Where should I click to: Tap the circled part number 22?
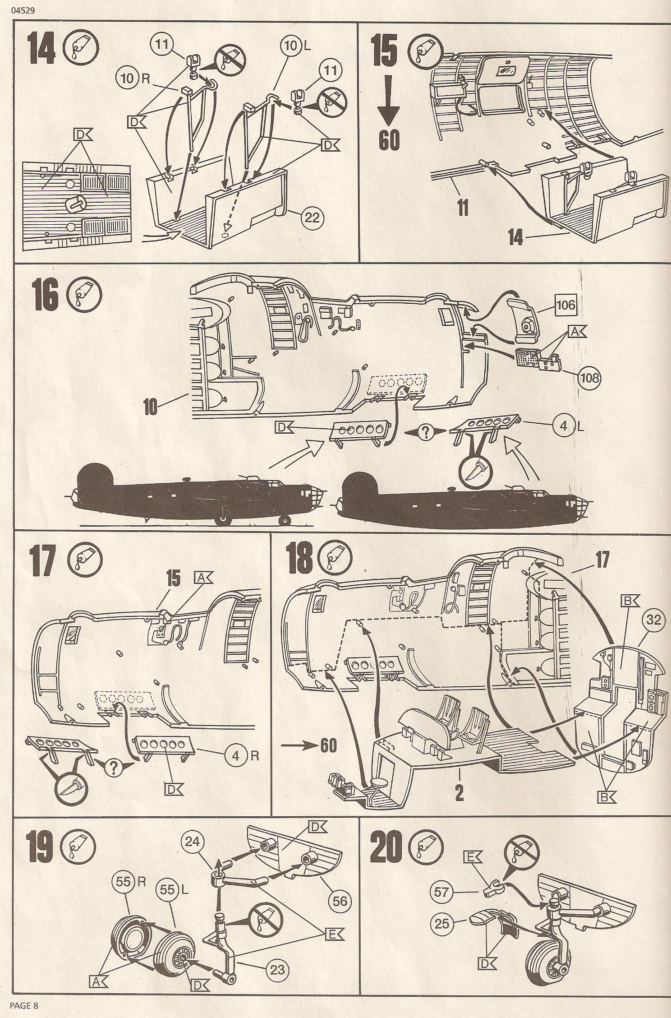tap(311, 218)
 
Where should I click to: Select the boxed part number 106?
tap(565, 305)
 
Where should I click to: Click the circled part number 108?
tap(587, 376)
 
